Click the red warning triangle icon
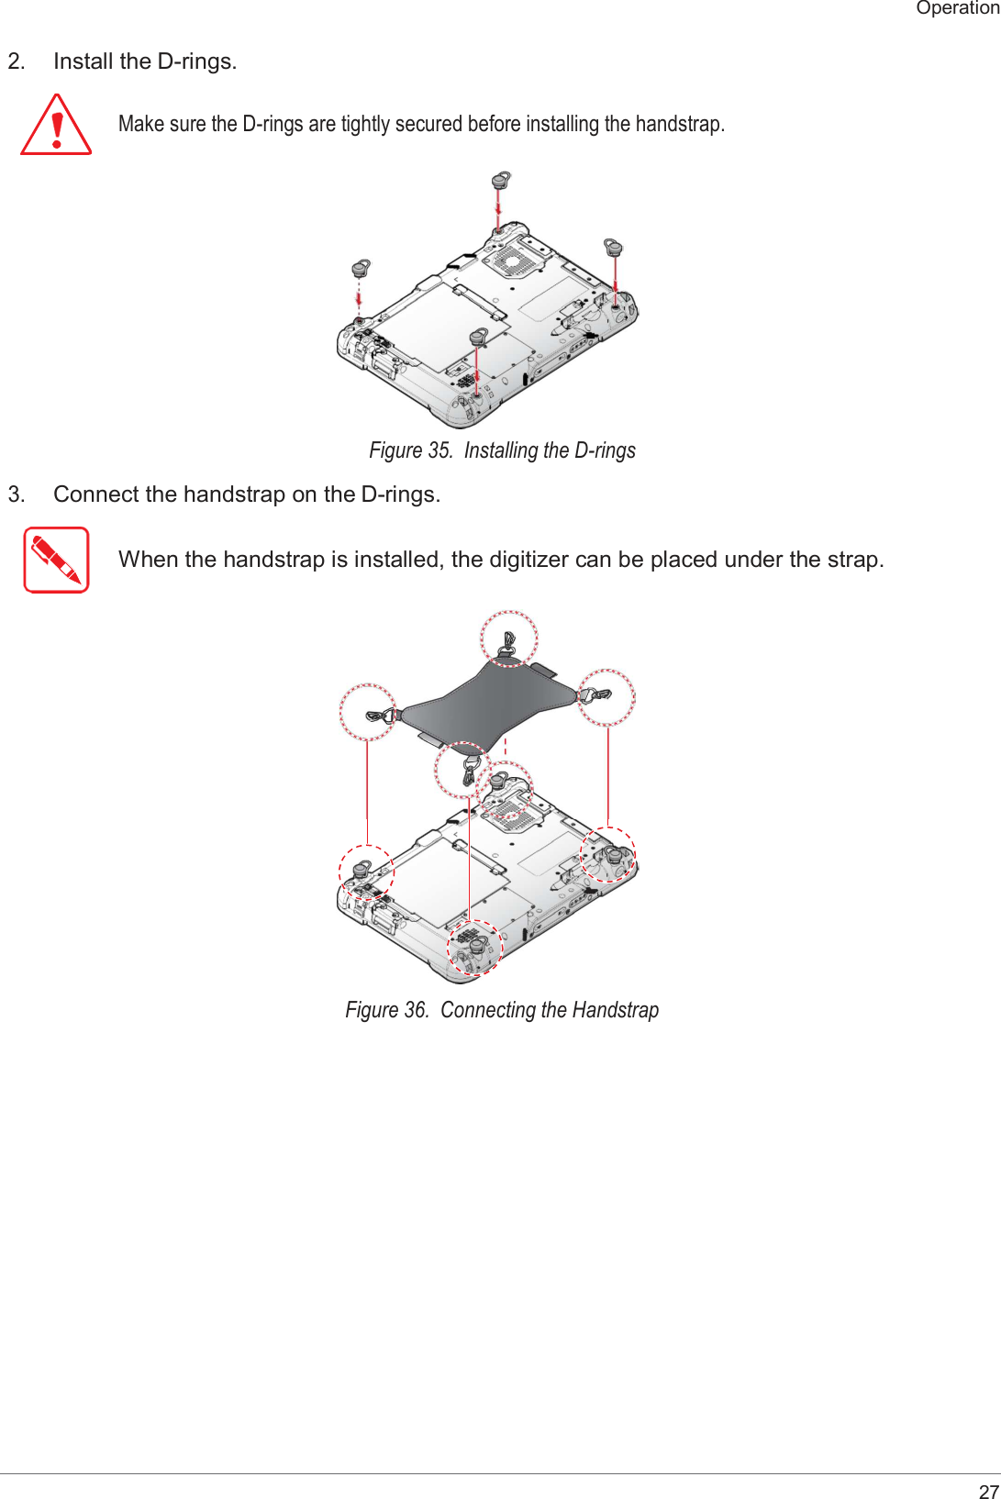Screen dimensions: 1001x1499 pyautogui.click(x=56, y=127)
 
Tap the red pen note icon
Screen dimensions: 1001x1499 pyautogui.click(x=56, y=560)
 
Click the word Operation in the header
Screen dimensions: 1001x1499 pyautogui.click(x=957, y=8)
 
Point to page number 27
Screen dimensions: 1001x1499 pyautogui.click(x=988, y=1491)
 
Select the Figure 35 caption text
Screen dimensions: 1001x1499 pyautogui.click(x=502, y=450)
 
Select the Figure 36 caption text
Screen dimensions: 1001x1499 pyautogui.click(x=502, y=1010)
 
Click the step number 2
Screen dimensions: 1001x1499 pyautogui.click(x=15, y=61)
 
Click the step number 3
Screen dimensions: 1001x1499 pyautogui.click(x=15, y=494)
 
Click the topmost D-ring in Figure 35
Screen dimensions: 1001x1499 pyautogui.click(x=500, y=180)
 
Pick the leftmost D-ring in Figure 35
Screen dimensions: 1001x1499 pyautogui.click(x=361, y=269)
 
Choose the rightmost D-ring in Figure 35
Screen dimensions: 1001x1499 pyautogui.click(x=613, y=247)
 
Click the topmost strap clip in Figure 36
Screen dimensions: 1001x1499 pyautogui.click(x=508, y=640)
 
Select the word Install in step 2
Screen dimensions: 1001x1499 pyautogui.click(x=83, y=61)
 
